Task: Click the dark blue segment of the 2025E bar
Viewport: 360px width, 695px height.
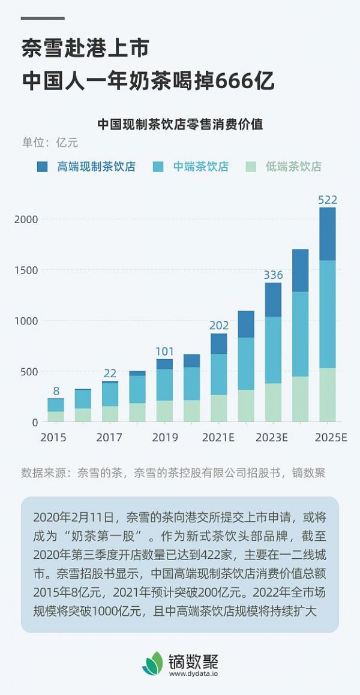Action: click(x=328, y=234)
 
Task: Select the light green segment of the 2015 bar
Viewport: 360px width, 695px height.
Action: click(x=56, y=416)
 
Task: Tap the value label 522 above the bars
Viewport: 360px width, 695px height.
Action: click(x=328, y=200)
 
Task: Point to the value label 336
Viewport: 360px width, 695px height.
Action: click(x=273, y=275)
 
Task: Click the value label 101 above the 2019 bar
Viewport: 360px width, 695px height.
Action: click(x=164, y=351)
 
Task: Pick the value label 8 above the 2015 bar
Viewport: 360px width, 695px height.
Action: click(x=56, y=391)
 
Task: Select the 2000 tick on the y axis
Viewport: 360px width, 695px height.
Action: click(x=26, y=219)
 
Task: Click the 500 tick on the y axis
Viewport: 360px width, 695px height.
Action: click(x=29, y=372)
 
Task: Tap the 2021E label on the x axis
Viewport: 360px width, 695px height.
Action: click(x=218, y=437)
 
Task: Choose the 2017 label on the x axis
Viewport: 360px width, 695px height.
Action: click(x=110, y=437)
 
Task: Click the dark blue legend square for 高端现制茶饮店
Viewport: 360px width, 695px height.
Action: click(x=43, y=167)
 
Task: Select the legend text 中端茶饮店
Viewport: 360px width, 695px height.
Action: click(x=201, y=167)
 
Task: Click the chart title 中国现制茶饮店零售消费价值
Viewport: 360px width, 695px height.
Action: click(x=180, y=125)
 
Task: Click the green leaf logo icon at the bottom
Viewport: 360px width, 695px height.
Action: click(x=153, y=663)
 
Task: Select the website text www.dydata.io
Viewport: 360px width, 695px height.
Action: click(x=193, y=673)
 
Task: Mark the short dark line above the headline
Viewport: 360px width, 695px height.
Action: click(x=43, y=19)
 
